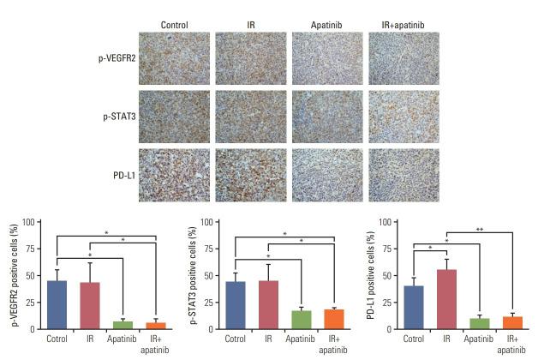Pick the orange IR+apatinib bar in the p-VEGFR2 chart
(155, 326)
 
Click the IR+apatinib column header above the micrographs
(403, 24)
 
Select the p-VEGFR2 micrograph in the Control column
(174, 58)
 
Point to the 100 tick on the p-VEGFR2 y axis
(28, 222)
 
